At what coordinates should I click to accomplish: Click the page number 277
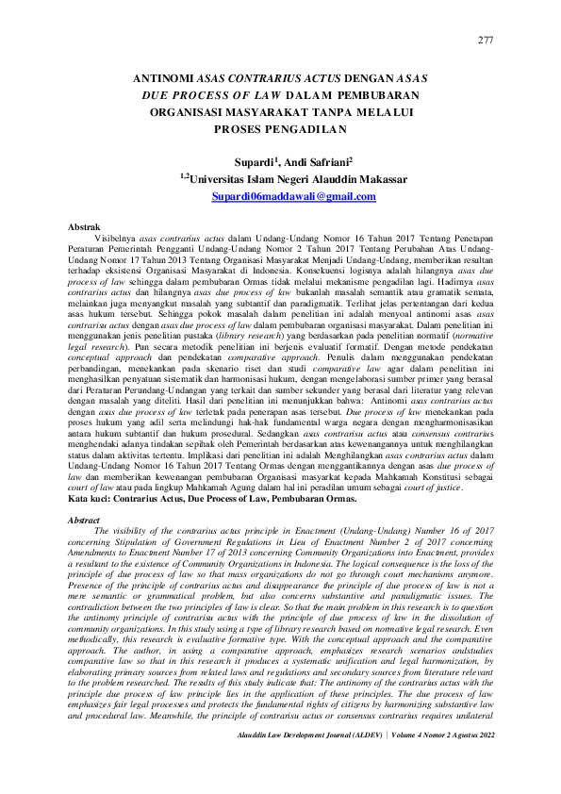[x=486, y=39]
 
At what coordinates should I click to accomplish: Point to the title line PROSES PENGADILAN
[x=280, y=128]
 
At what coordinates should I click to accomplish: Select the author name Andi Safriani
[x=321, y=161]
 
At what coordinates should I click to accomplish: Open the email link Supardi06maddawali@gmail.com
[x=280, y=196]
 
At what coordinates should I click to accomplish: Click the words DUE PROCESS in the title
[x=175, y=97]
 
